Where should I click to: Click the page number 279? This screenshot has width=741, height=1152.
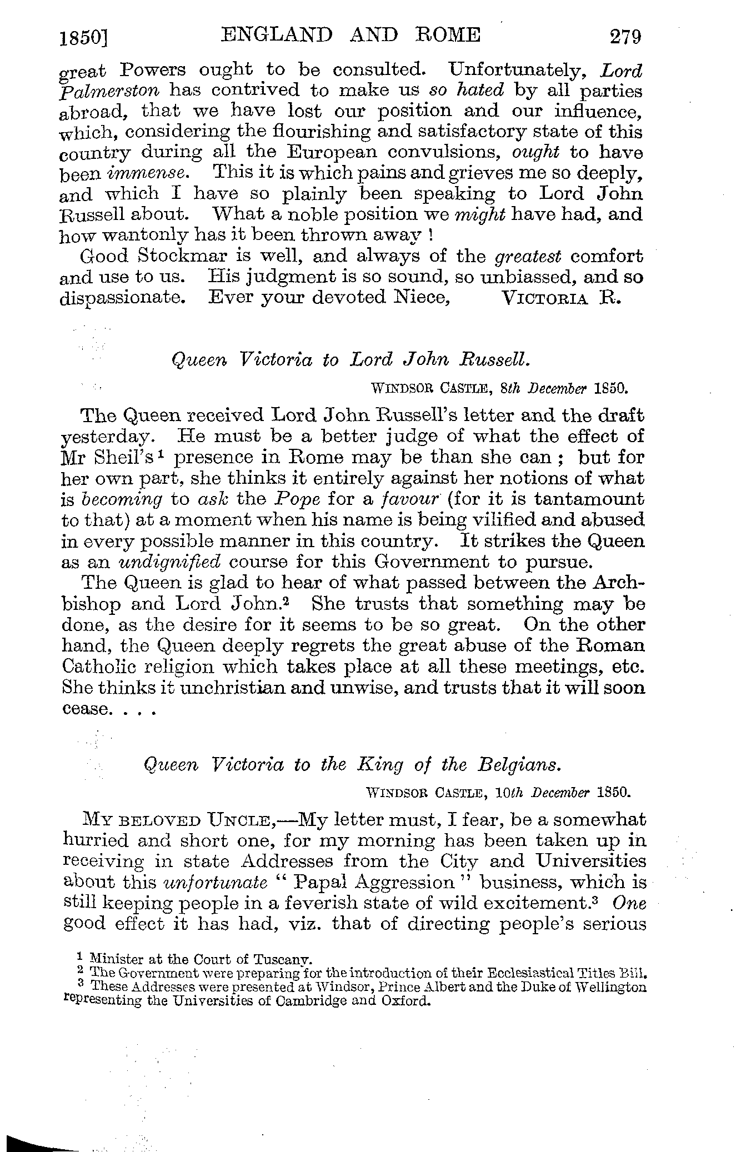click(x=625, y=37)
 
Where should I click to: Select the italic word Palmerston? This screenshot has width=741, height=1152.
click(x=109, y=91)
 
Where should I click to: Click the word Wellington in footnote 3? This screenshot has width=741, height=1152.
click(x=613, y=987)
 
